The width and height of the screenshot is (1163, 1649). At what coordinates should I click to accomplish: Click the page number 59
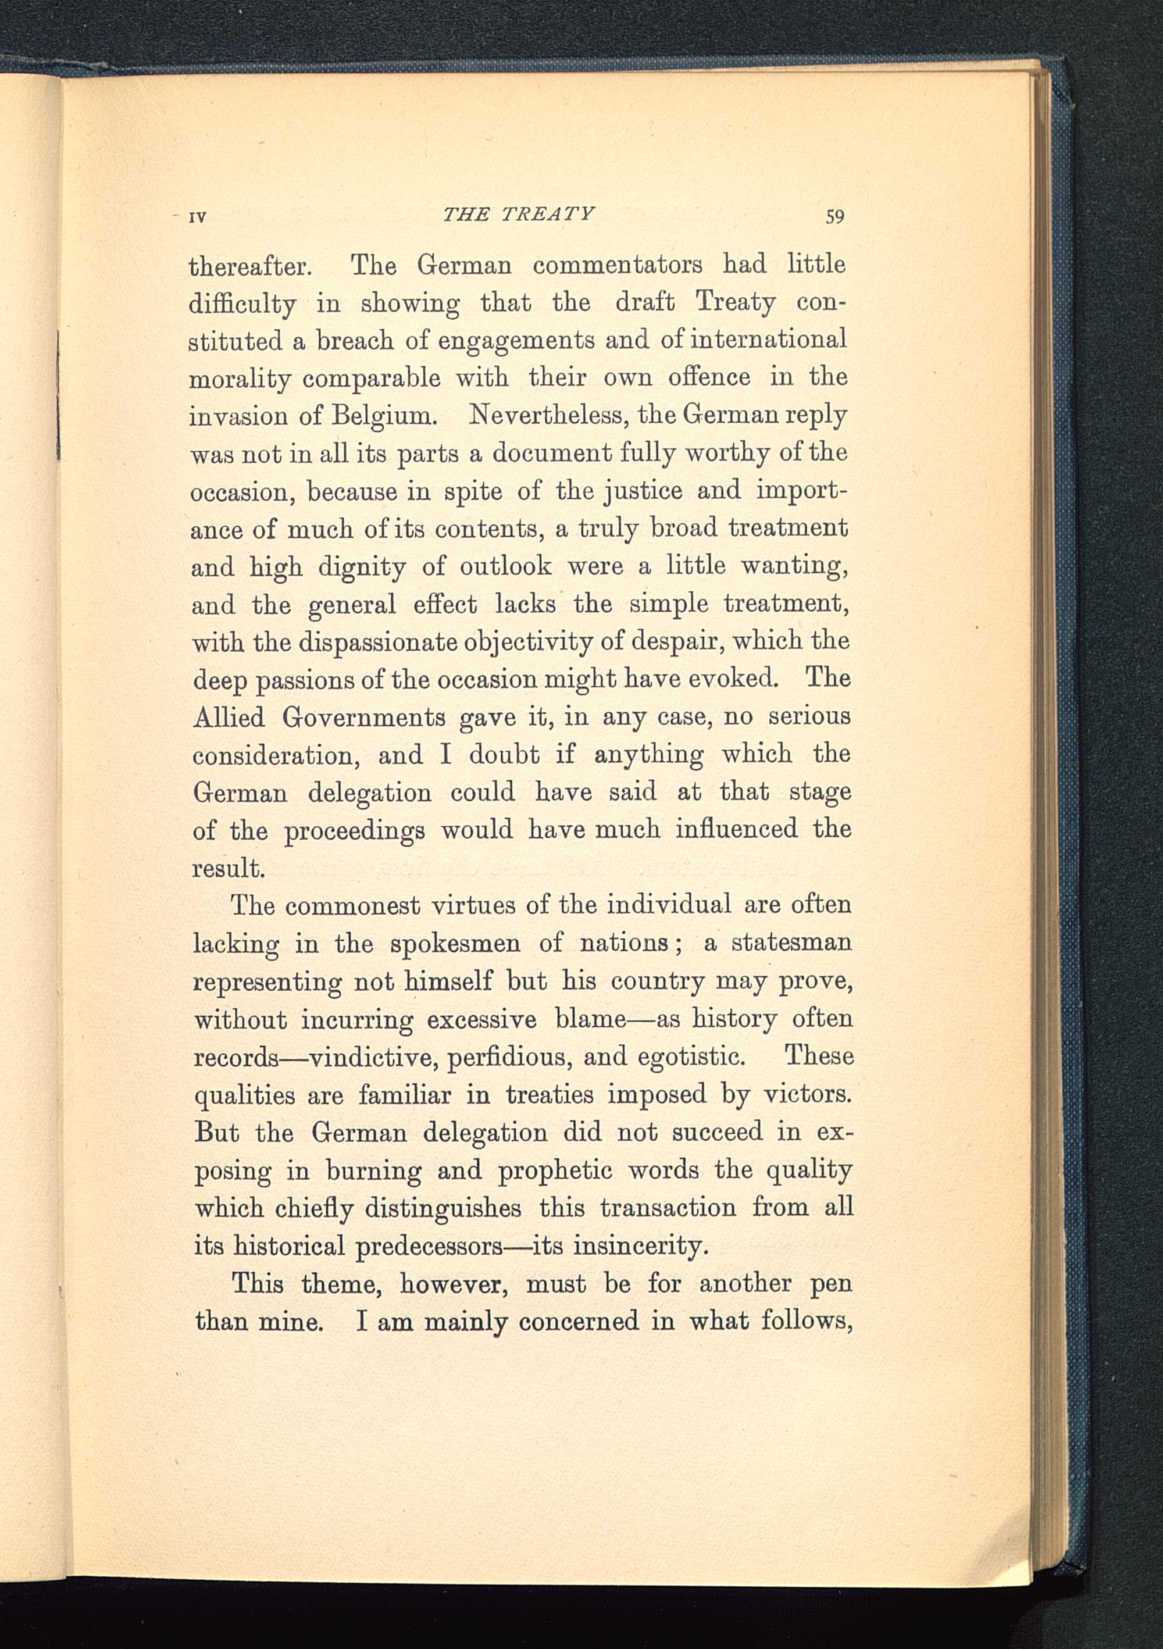tap(834, 216)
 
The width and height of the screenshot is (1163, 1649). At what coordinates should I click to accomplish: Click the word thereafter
tap(249, 266)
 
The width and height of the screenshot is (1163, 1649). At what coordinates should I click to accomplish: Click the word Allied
tap(229, 717)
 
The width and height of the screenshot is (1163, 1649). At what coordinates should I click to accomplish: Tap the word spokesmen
tap(455, 944)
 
